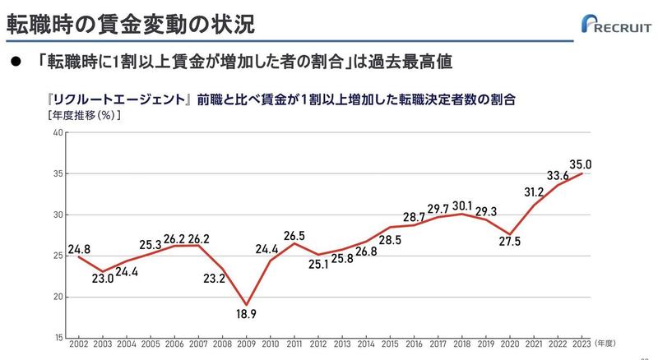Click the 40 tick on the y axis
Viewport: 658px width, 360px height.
tap(57, 133)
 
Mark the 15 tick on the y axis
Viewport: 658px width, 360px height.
tap(57, 338)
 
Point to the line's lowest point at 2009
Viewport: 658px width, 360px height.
tap(246, 305)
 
